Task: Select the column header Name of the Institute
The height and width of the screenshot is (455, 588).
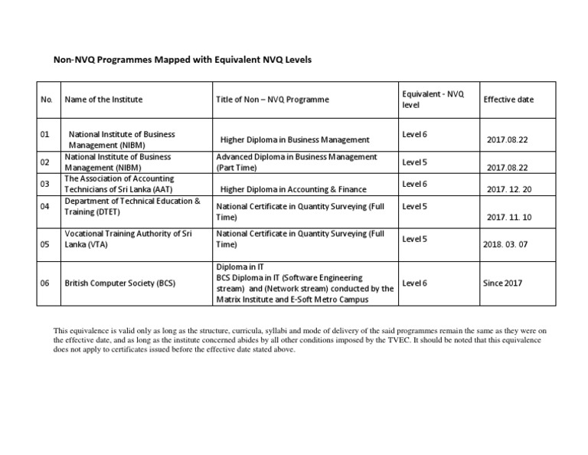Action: coord(103,100)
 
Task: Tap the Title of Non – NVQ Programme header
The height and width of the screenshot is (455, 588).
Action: coord(273,100)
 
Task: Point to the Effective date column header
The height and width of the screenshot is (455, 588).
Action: coord(508,100)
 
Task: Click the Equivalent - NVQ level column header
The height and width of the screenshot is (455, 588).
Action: coord(433,99)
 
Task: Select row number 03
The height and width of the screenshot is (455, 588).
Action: coord(44,184)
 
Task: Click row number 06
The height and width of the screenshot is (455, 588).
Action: coord(44,283)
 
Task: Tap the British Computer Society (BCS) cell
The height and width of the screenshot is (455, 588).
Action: coord(120,283)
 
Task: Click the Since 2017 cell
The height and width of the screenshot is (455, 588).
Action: coord(502,283)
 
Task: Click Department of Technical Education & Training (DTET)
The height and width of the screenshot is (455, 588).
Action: coord(132,206)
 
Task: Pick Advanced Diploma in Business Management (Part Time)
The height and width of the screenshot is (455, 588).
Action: coord(296,162)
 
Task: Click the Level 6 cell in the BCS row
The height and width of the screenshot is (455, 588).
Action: coord(414,283)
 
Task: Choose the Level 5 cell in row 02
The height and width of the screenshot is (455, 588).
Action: coord(414,162)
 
